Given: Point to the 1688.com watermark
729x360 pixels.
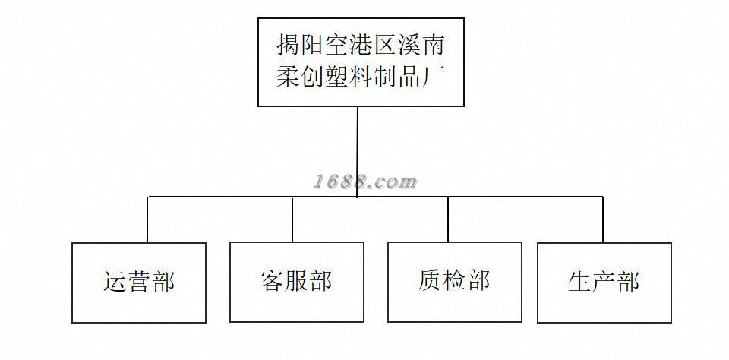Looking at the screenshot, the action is (365, 182).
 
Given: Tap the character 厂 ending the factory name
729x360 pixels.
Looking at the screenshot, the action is (433, 77).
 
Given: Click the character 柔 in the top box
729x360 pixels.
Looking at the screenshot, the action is (288, 77).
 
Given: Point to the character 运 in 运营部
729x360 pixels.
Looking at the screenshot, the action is (115, 282).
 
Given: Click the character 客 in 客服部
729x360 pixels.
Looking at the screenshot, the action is (272, 282).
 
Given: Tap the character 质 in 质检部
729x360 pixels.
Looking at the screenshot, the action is (430, 281).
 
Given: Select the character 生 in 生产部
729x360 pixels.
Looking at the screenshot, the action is (579, 282).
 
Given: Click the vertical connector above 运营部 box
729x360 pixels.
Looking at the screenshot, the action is (148, 220).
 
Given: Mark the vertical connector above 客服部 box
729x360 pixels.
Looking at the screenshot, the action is (292, 220).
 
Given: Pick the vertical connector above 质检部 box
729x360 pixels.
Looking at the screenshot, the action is (448, 220).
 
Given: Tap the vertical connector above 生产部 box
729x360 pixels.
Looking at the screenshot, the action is (603, 220).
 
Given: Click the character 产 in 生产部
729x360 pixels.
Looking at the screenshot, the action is (604, 282).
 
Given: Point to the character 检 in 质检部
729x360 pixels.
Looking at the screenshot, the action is (454, 281).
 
